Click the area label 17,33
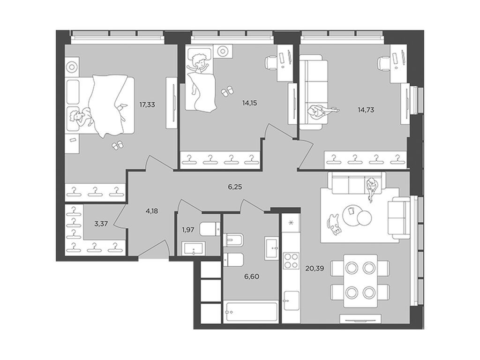(147, 105)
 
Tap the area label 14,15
(249, 103)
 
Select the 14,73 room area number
(366, 110)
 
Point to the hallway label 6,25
(235, 187)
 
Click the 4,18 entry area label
(152, 211)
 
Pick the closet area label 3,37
(101, 224)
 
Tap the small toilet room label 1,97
(188, 230)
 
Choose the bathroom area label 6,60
(252, 277)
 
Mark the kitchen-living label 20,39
(315, 269)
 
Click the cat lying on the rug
(334, 225)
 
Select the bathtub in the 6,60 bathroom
(251, 312)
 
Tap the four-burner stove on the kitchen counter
(291, 261)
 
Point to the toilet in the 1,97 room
(210, 229)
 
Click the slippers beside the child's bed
(227, 91)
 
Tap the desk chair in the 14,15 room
(271, 62)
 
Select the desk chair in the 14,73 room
(384, 63)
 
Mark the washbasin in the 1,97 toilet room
(194, 248)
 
